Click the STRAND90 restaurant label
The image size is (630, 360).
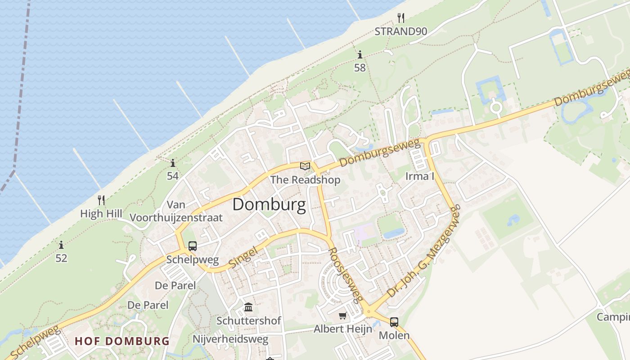tap(401, 31)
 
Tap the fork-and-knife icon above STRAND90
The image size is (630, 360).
tap(401, 18)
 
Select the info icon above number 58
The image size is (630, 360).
tap(360, 55)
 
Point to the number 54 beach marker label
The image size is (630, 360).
tap(173, 176)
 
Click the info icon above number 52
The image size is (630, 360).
tap(61, 245)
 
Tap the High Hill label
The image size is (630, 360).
tap(101, 213)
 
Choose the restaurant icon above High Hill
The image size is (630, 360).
tap(101, 200)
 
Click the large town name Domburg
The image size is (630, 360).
tap(269, 205)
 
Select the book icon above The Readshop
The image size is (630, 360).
tap(305, 166)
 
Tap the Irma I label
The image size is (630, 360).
tap(420, 176)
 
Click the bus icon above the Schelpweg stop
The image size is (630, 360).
tap(193, 246)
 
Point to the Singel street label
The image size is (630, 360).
tap(243, 257)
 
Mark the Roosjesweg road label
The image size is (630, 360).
tap(346, 274)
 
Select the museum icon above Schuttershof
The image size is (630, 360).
tap(248, 307)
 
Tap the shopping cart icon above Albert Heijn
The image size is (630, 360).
tap(343, 315)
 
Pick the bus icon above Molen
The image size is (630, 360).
tap(394, 322)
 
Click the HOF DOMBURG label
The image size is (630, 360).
tap(122, 341)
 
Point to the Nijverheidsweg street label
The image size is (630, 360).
tap(230, 339)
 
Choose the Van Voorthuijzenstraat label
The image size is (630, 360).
tap(176, 211)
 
